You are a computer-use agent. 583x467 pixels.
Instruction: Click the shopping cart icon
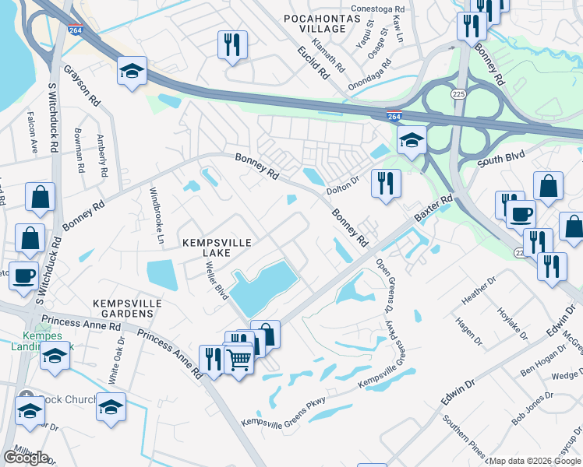238,359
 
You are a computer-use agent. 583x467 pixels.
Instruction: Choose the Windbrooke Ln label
156,207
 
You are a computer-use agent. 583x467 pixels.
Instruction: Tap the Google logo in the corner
26,457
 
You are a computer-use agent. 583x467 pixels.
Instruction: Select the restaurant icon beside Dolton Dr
385,183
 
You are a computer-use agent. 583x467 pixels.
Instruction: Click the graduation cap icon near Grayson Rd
132,71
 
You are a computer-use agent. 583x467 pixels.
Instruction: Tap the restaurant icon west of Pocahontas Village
231,44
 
